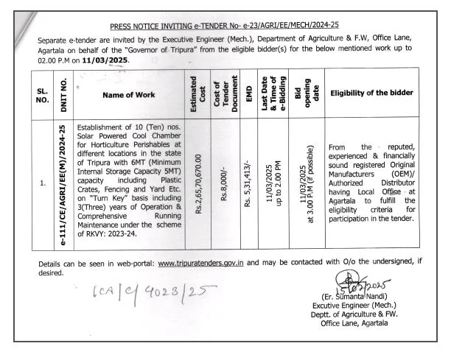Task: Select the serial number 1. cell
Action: [44, 180]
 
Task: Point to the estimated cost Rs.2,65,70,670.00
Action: [198, 180]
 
